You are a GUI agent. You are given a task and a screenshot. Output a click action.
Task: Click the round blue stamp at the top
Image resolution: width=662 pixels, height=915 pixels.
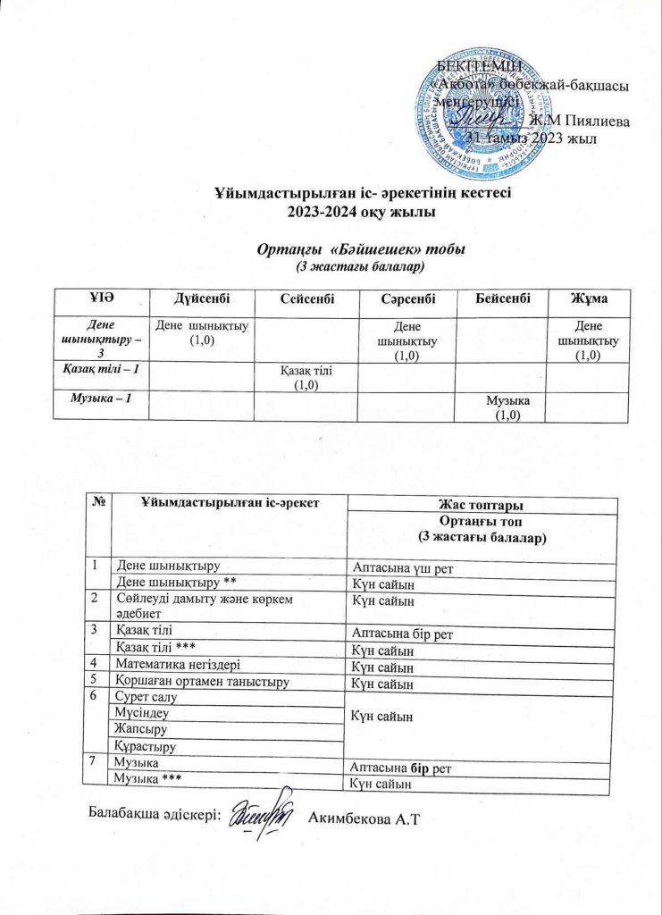pyautogui.click(x=471, y=106)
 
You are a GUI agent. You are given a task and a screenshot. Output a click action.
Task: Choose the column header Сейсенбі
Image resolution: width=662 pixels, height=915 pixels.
pyautogui.click(x=306, y=296)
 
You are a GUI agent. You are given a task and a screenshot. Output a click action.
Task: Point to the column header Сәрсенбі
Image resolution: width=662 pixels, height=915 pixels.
pyautogui.click(x=407, y=296)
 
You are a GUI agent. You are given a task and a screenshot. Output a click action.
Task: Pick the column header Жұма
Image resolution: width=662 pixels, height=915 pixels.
pyautogui.click(x=588, y=296)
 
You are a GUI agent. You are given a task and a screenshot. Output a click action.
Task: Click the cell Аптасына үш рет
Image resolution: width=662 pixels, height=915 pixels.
pyautogui.click(x=409, y=568)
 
